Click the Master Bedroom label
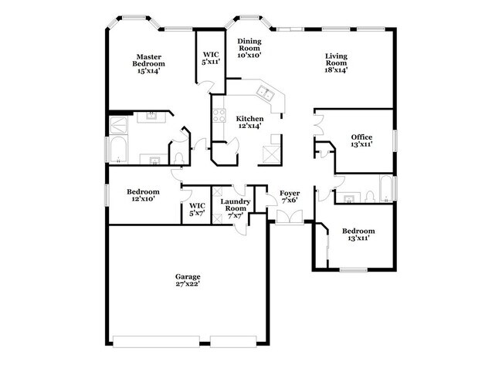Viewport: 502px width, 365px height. point(148,63)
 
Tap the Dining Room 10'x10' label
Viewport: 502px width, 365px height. point(249,48)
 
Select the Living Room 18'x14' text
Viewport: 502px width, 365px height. point(335,63)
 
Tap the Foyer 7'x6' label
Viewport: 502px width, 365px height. point(290,197)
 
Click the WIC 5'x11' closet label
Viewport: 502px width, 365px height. point(209,59)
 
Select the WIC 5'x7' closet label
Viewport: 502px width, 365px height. point(198,209)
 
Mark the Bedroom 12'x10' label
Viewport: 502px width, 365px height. point(143,195)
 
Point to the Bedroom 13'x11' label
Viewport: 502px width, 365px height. point(358,235)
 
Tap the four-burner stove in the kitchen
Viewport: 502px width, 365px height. point(219,117)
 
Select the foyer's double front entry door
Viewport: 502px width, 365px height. point(290,220)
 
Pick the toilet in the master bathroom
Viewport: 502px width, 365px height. point(178,157)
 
